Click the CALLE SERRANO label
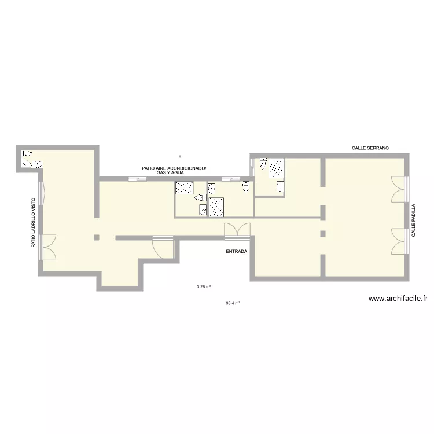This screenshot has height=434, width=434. pyautogui.click(x=370, y=148)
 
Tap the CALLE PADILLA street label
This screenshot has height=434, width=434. pyautogui.click(x=414, y=220)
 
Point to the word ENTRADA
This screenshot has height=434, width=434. pyautogui.click(x=237, y=252)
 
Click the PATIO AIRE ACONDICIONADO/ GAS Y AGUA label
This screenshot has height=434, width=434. pyautogui.click(x=173, y=170)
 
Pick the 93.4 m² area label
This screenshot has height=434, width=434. pyautogui.click(x=233, y=303)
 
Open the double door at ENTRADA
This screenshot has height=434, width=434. pyautogui.click(x=237, y=230)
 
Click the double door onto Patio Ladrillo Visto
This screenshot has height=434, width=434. pyautogui.click(x=49, y=247)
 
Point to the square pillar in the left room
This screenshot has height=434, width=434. pyautogui.click(x=97, y=237)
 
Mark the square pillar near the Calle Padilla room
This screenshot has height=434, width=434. pyautogui.click(x=323, y=234)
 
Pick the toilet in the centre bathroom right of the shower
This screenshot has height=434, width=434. pyautogui.click(x=246, y=187)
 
